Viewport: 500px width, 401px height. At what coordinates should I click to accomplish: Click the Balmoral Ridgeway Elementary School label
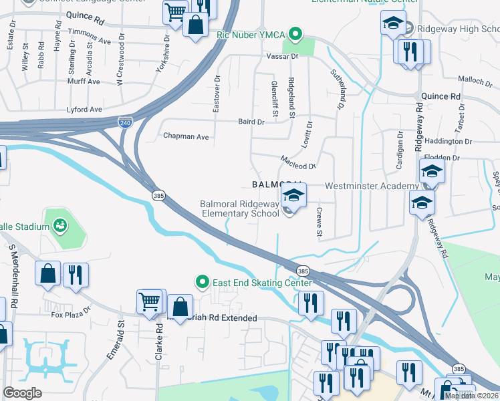[239, 209]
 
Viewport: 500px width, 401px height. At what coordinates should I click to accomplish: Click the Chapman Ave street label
[186, 136]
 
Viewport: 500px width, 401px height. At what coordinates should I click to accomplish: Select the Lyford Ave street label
[84, 109]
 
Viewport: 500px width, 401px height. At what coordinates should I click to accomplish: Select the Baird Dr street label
[251, 122]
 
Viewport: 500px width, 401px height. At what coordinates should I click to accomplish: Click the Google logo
[23, 393]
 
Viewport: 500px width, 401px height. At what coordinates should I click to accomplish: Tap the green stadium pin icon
[60, 226]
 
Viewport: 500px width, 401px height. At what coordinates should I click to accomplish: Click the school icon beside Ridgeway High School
[394, 25]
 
